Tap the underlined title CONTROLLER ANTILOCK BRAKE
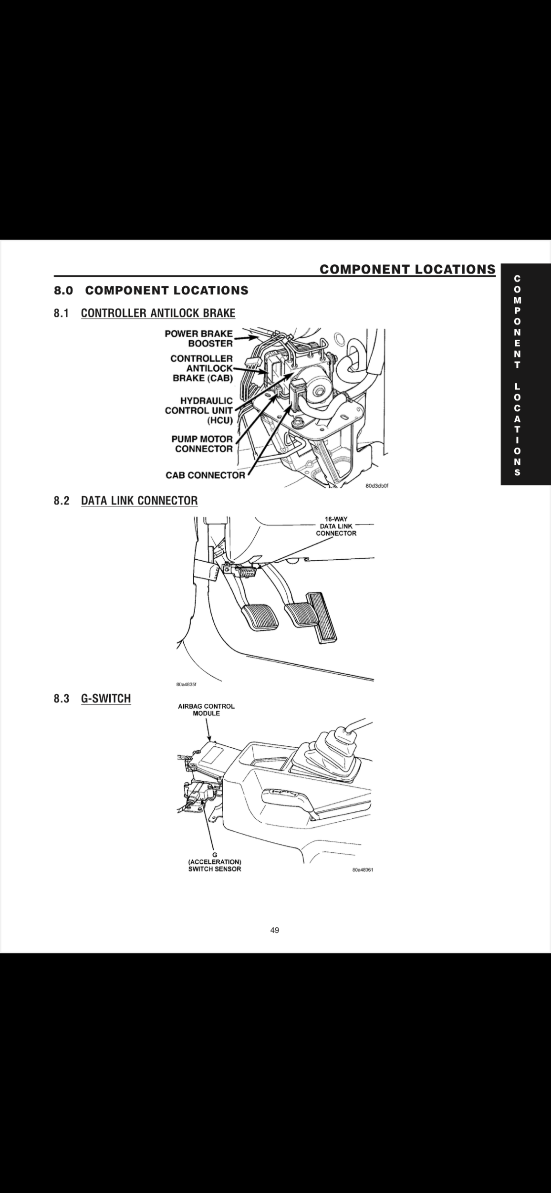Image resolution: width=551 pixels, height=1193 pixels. coord(158,314)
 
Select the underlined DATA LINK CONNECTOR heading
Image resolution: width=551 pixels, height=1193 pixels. coord(139,501)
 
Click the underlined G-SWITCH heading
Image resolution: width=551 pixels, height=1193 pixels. coord(105,699)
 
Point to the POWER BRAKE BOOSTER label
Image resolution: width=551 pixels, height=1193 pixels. coord(199,338)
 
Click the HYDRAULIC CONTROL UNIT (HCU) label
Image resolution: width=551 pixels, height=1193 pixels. coord(199,410)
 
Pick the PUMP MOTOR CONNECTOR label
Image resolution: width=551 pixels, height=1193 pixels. coord(202,444)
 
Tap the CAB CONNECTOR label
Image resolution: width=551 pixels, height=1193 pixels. coord(205,475)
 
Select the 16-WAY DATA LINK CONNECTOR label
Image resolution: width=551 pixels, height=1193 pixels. coord(336,526)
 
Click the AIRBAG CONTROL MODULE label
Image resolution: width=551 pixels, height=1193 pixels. coord(206,710)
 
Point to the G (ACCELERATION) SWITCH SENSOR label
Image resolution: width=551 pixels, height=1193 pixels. coord(215,862)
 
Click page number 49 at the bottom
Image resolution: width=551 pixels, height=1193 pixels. coord(275,930)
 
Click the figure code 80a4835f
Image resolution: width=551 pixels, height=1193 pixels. coord(186,685)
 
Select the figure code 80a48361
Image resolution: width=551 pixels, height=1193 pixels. coord(363,869)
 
